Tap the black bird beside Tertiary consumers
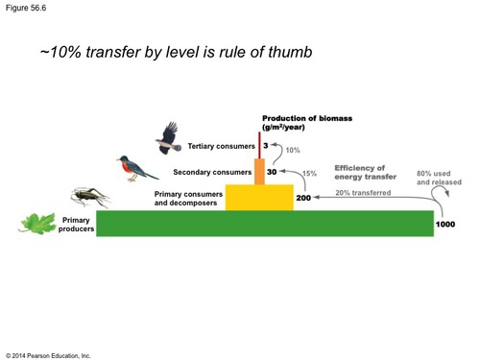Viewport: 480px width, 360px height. (170, 136)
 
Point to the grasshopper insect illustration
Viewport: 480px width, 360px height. (89, 199)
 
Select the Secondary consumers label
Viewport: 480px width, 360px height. (211, 173)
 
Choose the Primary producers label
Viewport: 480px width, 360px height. (75, 226)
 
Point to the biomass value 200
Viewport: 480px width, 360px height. (303, 198)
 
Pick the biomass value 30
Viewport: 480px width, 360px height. (272, 173)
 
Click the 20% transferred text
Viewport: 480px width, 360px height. (362, 192)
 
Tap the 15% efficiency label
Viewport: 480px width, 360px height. (309, 174)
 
